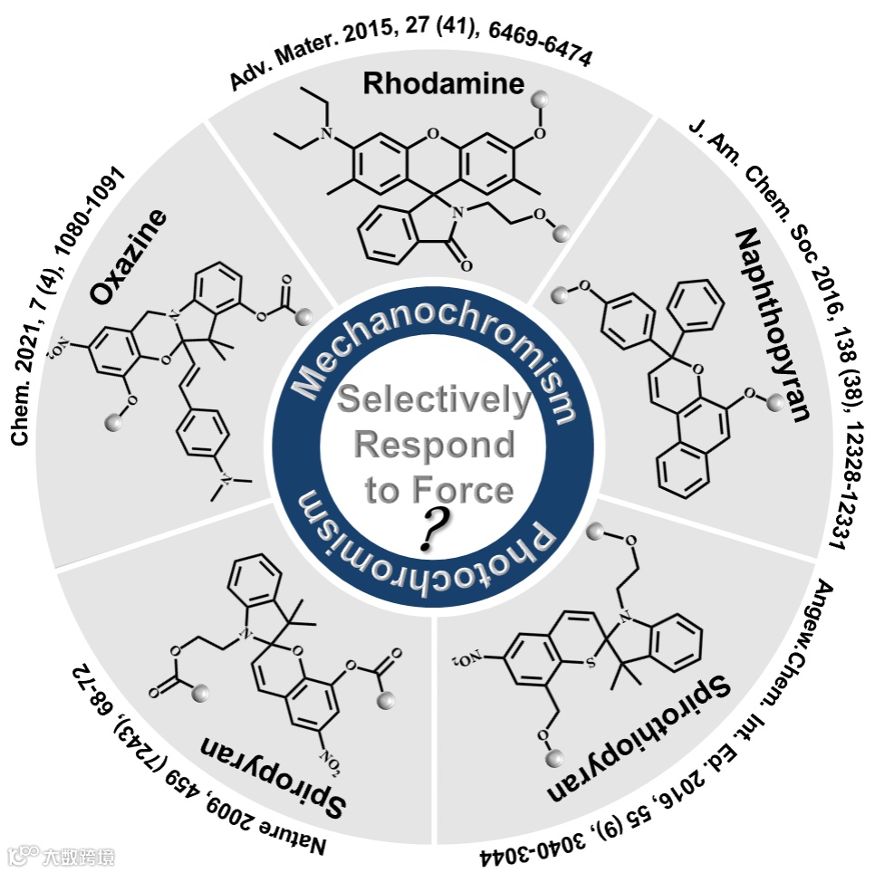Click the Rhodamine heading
click(x=444, y=84)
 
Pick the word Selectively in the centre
click(x=434, y=400)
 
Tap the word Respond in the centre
click(x=434, y=446)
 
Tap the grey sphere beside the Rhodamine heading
click(x=541, y=98)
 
